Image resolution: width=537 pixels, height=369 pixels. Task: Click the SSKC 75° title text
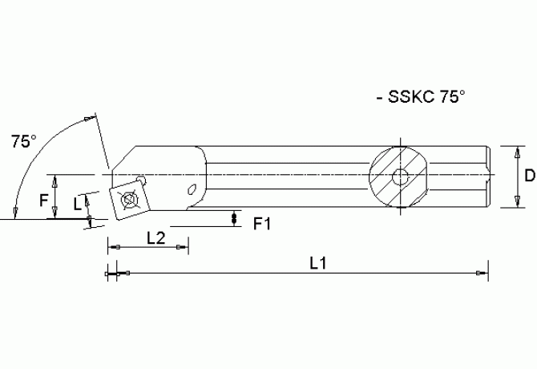(x=420, y=97)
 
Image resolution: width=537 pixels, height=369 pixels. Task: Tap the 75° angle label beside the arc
(x=23, y=142)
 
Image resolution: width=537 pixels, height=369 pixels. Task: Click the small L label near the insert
(x=77, y=205)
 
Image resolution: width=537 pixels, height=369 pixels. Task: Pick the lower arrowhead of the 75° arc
(x=14, y=212)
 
